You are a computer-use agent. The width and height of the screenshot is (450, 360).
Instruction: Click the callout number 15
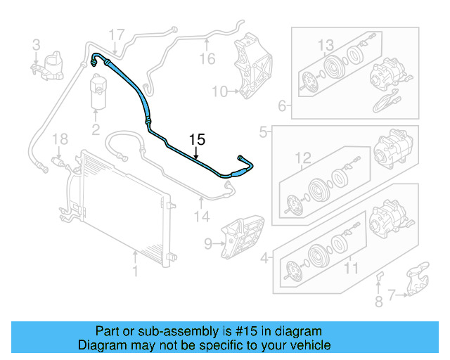[x=197, y=139]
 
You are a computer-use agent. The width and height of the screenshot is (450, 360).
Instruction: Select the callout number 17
[x=117, y=34]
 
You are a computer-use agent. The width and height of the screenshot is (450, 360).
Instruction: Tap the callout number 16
[x=206, y=58]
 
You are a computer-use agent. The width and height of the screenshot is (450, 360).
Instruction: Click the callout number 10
[x=219, y=91]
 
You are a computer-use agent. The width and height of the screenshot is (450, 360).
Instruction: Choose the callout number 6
[x=282, y=107]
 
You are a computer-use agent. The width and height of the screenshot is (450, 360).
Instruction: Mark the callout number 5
[x=264, y=131]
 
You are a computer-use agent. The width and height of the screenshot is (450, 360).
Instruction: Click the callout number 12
[x=302, y=158]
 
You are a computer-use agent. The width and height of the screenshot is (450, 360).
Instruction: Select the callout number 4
[x=264, y=258]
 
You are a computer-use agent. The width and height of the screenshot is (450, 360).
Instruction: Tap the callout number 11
[x=350, y=268]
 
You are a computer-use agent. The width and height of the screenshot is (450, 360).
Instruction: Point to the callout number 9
[x=208, y=244]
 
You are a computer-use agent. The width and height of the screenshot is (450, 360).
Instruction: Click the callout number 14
[x=202, y=217]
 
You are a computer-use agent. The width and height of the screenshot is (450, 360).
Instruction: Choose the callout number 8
[x=379, y=303]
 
